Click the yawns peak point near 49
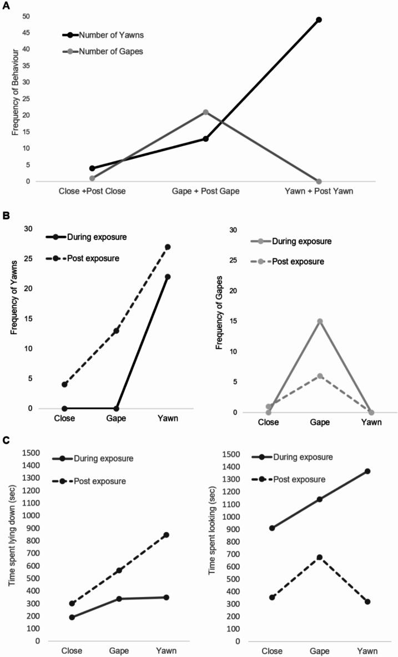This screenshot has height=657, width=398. [x=319, y=20]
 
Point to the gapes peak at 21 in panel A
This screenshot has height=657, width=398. [x=205, y=112]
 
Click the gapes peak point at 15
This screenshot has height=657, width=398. [x=320, y=321]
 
